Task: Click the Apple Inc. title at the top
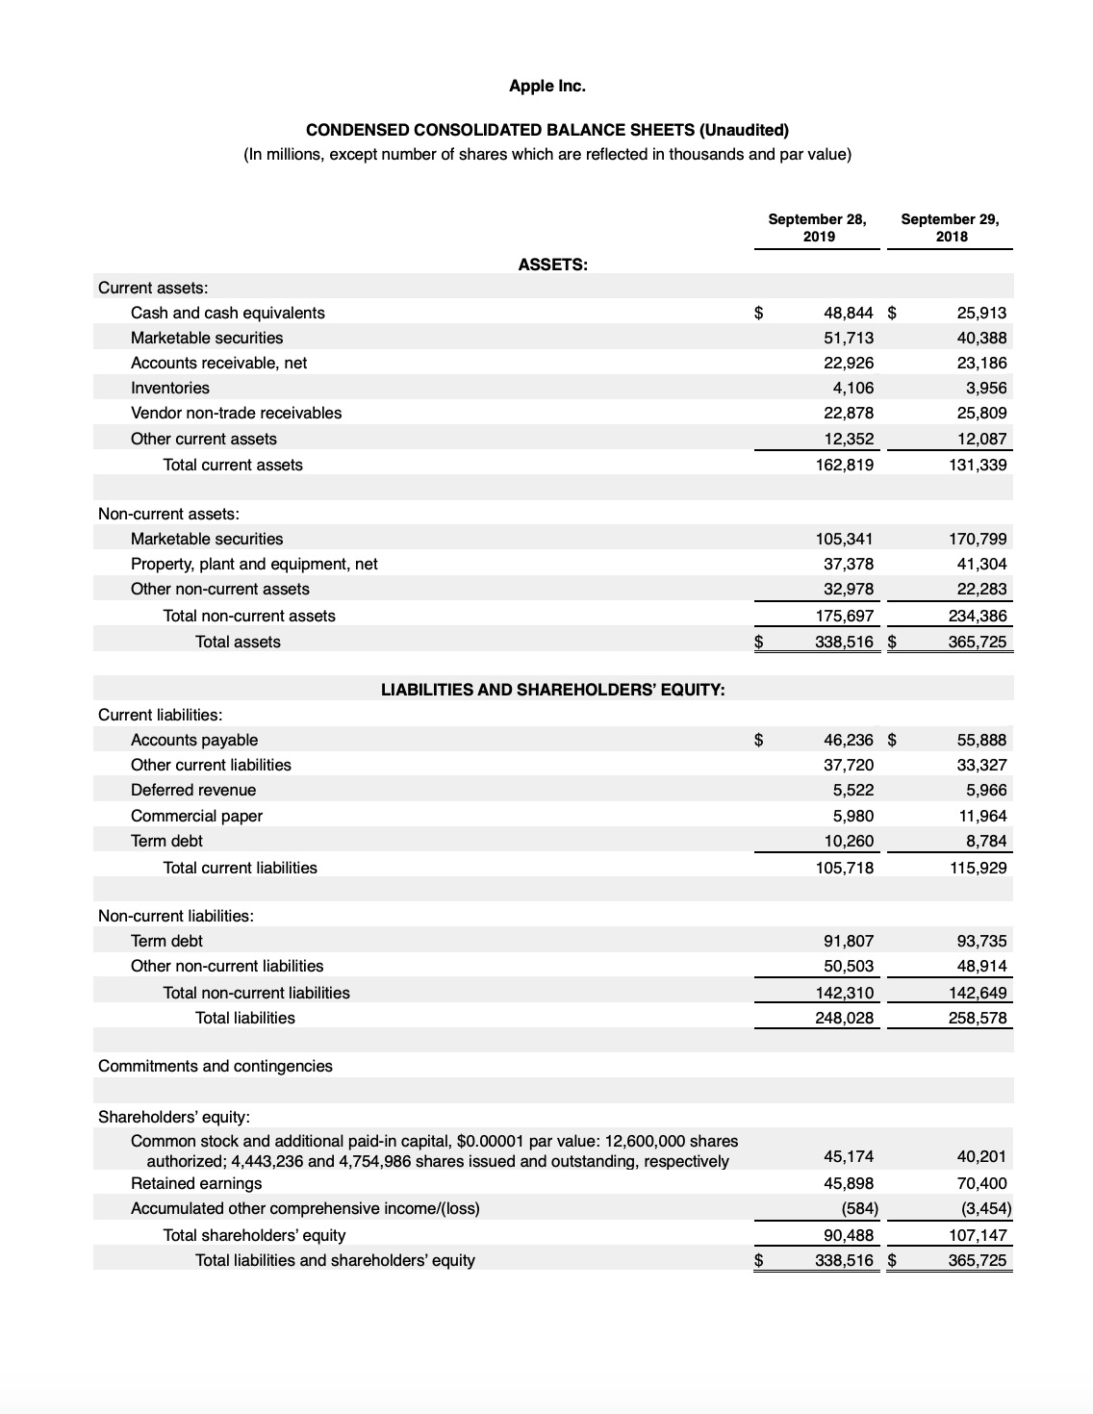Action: click(546, 86)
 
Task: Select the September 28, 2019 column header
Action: click(817, 227)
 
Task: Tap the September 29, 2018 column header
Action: click(950, 227)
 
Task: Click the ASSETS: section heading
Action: click(552, 265)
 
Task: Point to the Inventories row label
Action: click(169, 388)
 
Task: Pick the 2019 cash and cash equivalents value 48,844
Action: click(849, 313)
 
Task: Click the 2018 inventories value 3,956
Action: click(985, 388)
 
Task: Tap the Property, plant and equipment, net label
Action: click(254, 564)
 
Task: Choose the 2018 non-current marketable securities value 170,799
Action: click(978, 539)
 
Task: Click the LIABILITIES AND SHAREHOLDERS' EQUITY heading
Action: click(552, 689)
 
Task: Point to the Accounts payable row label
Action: click(194, 740)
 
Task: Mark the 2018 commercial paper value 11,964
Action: click(981, 816)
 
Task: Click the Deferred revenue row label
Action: click(193, 790)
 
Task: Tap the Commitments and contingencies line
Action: click(216, 1066)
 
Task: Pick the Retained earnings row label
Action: click(196, 1183)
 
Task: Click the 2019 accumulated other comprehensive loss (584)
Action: click(854, 1208)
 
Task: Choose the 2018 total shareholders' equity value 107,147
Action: click(978, 1235)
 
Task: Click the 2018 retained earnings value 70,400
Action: click(981, 1183)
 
